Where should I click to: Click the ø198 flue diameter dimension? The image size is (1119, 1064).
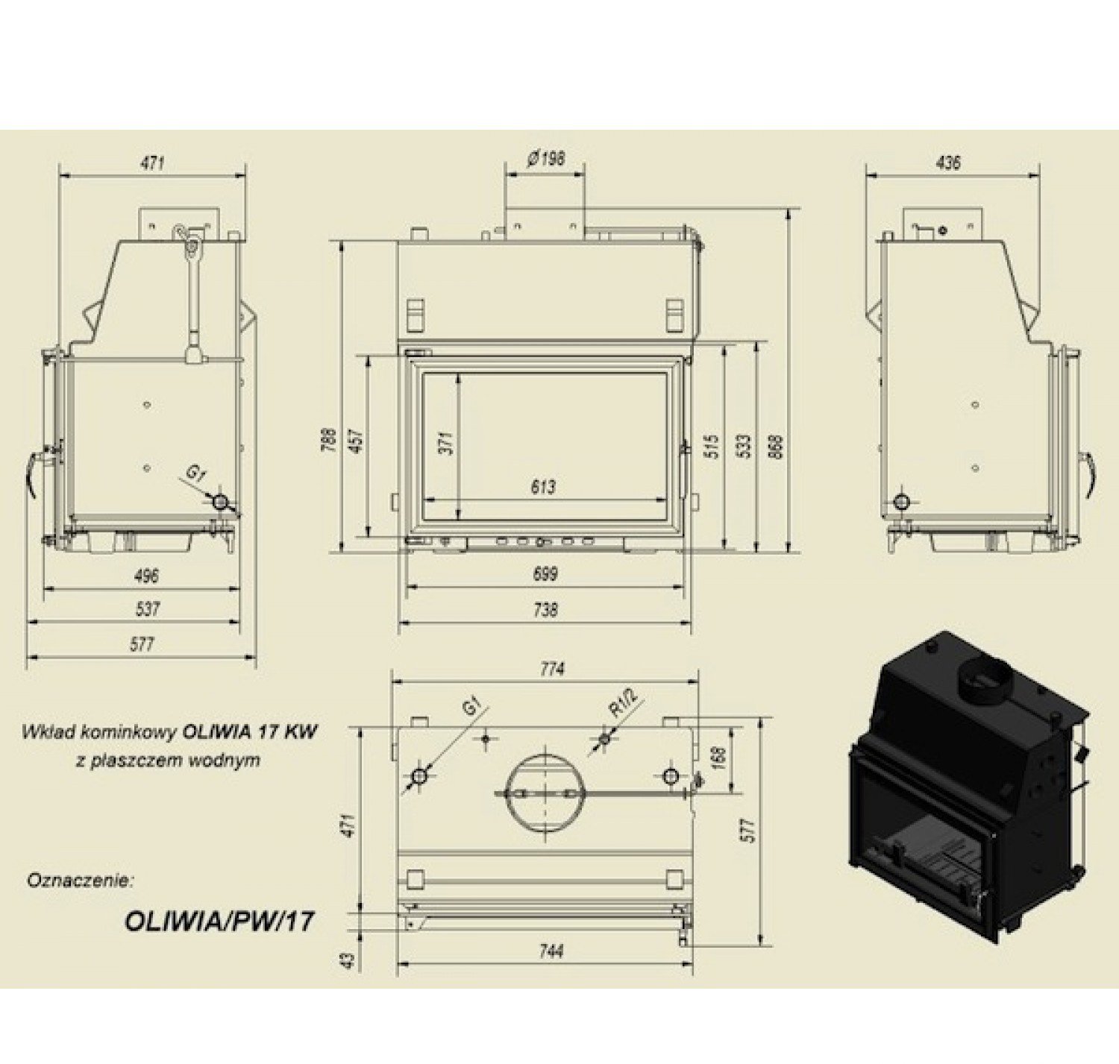point(545,160)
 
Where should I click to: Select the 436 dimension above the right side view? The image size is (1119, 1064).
point(947,163)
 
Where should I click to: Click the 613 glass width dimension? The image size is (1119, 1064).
point(545,487)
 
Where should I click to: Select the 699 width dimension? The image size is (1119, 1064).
point(545,574)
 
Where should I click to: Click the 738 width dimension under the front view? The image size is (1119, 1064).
point(545,610)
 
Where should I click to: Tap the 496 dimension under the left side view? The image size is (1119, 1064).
point(145,576)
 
